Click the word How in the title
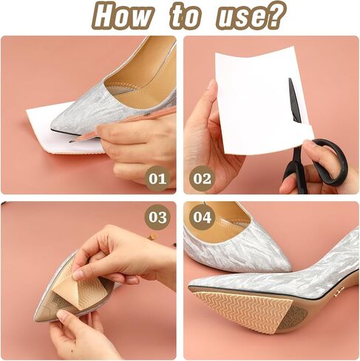[x=123, y=16]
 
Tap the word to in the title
[x=185, y=16]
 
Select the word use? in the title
[x=252, y=16]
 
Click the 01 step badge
[x=157, y=178]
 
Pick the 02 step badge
[x=202, y=178]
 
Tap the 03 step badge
[x=157, y=217]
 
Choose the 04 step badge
[x=202, y=217]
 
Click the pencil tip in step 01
[x=70, y=142]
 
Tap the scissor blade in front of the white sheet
[x=294, y=99]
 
